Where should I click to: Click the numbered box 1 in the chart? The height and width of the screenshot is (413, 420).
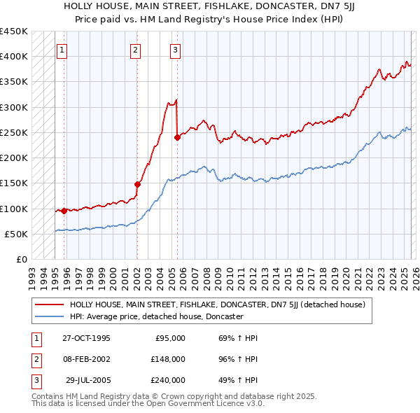pyautogui.click(x=63, y=50)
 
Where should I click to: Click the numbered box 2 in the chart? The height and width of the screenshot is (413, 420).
pyautogui.click(x=135, y=50)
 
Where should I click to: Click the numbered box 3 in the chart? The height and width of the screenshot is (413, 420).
pyautogui.click(x=175, y=50)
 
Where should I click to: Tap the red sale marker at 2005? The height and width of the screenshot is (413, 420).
pyautogui.click(x=177, y=137)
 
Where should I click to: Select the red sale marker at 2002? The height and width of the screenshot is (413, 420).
pyautogui.click(x=137, y=184)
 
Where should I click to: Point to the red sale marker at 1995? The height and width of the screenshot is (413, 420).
pyautogui.click(x=64, y=211)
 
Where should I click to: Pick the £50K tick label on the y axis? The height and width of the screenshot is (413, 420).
pyautogui.click(x=17, y=234)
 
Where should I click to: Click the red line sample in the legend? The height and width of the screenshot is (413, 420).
pyautogui.click(x=49, y=304)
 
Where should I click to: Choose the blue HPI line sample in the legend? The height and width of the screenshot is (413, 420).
pyautogui.click(x=49, y=316)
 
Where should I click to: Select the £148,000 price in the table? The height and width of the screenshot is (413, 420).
pyautogui.click(x=168, y=359)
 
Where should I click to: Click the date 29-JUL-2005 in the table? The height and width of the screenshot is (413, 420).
pyautogui.click(x=86, y=380)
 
